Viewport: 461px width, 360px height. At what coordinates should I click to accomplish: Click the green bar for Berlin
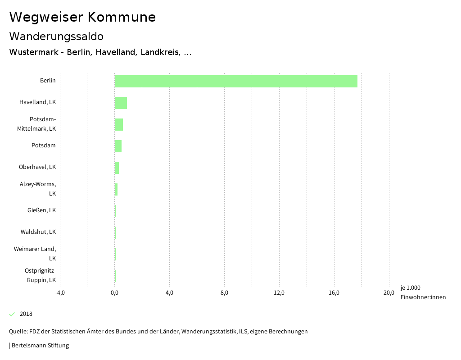tap(236, 81)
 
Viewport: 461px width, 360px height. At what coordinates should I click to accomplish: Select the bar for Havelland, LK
tap(121, 103)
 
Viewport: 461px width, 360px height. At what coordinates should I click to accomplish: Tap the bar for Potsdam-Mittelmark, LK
tap(119, 124)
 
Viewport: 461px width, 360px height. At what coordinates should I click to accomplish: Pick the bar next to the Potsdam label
tap(118, 146)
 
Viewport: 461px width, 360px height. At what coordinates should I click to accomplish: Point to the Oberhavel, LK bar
tap(117, 168)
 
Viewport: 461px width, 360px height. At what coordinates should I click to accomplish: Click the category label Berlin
tap(48, 81)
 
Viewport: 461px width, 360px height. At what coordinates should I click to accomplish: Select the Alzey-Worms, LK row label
tap(38, 189)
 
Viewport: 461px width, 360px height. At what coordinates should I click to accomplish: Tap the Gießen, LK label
tap(41, 210)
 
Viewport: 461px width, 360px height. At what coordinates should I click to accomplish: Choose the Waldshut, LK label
tap(38, 232)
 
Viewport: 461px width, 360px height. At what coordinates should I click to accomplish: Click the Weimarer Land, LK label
tap(35, 254)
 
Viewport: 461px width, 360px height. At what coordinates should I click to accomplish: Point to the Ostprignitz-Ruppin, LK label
tap(40, 275)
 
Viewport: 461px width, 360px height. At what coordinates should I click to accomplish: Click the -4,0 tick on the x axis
tap(60, 293)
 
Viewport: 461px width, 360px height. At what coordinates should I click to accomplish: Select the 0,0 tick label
tap(115, 293)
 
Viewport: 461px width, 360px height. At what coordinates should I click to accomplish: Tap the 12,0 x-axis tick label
tap(279, 293)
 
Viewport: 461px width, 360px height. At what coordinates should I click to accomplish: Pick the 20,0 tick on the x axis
tap(389, 293)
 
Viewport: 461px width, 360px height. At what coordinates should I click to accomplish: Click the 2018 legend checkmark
tap(12, 314)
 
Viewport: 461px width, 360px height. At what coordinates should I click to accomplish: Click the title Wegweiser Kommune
tap(82, 17)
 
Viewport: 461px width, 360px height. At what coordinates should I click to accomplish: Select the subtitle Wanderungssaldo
tap(56, 36)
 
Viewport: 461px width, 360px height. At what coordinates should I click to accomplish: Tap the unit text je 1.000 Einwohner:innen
tap(423, 292)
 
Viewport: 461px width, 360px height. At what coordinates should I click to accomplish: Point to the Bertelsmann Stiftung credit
tap(40, 346)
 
